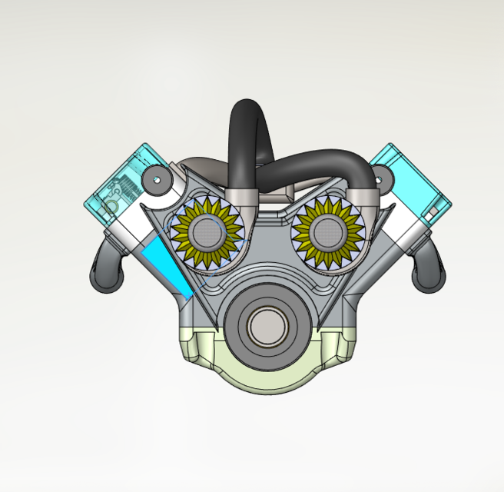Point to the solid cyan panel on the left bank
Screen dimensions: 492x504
pyautogui.click(x=166, y=265)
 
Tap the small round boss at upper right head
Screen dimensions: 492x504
pyautogui.click(x=377, y=181)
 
